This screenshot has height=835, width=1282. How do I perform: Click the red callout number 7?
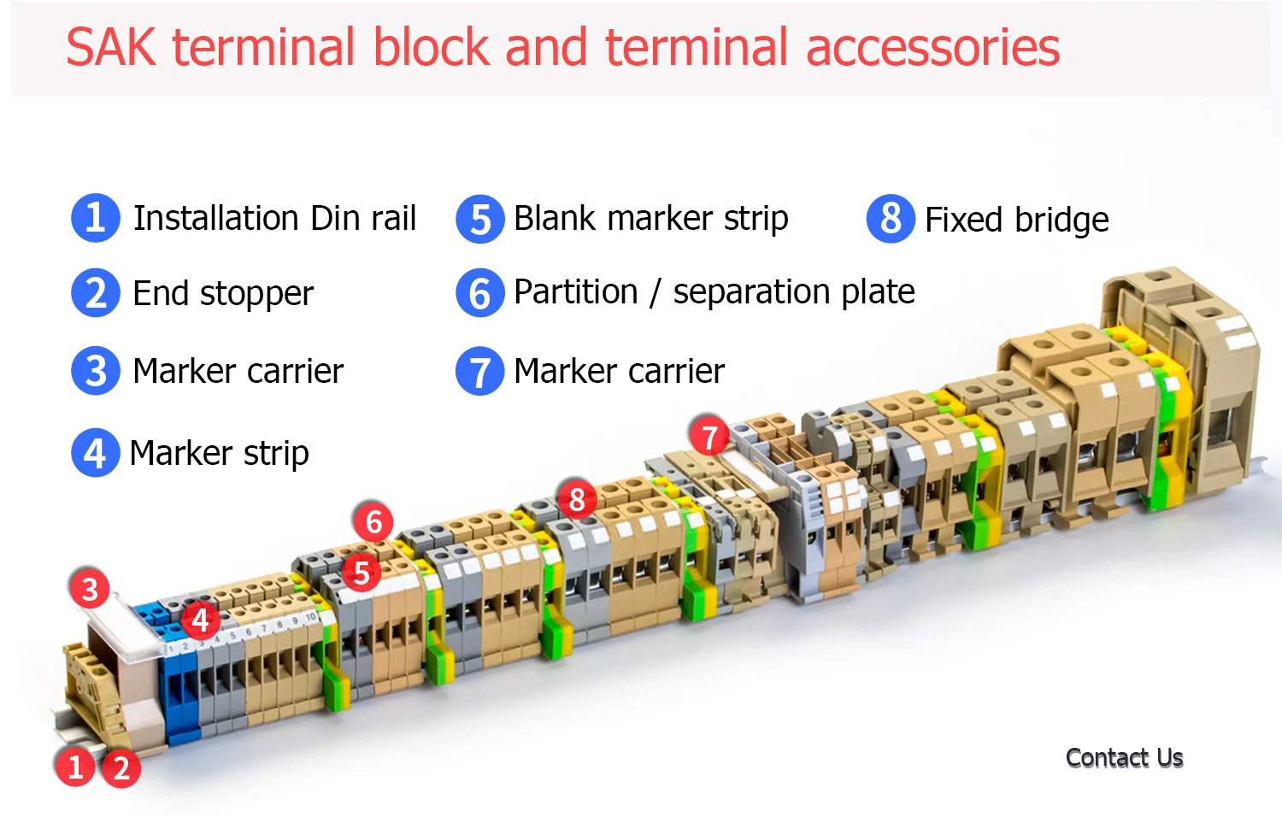709,437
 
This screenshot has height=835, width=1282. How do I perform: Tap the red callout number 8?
577,499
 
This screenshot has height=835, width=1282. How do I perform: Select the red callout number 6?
373,521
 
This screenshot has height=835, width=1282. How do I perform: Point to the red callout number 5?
362,573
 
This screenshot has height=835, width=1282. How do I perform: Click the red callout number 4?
200,620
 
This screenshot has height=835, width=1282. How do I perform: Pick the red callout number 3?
90,589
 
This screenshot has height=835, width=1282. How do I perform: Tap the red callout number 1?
75,767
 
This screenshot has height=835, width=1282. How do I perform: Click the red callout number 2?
121,767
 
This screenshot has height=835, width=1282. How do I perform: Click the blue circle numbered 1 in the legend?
96,218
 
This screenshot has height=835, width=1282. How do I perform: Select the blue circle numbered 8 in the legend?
891,219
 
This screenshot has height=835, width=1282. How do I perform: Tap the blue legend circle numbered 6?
480,293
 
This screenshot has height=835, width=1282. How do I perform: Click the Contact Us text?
1124,758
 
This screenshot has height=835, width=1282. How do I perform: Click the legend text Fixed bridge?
1016,221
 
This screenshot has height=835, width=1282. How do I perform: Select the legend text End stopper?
223,294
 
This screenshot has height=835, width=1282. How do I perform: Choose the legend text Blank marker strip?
650,219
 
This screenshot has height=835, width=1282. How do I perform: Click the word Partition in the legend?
575,292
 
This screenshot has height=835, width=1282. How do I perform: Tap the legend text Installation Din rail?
274,219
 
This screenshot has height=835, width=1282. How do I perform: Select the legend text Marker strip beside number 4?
219,453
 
